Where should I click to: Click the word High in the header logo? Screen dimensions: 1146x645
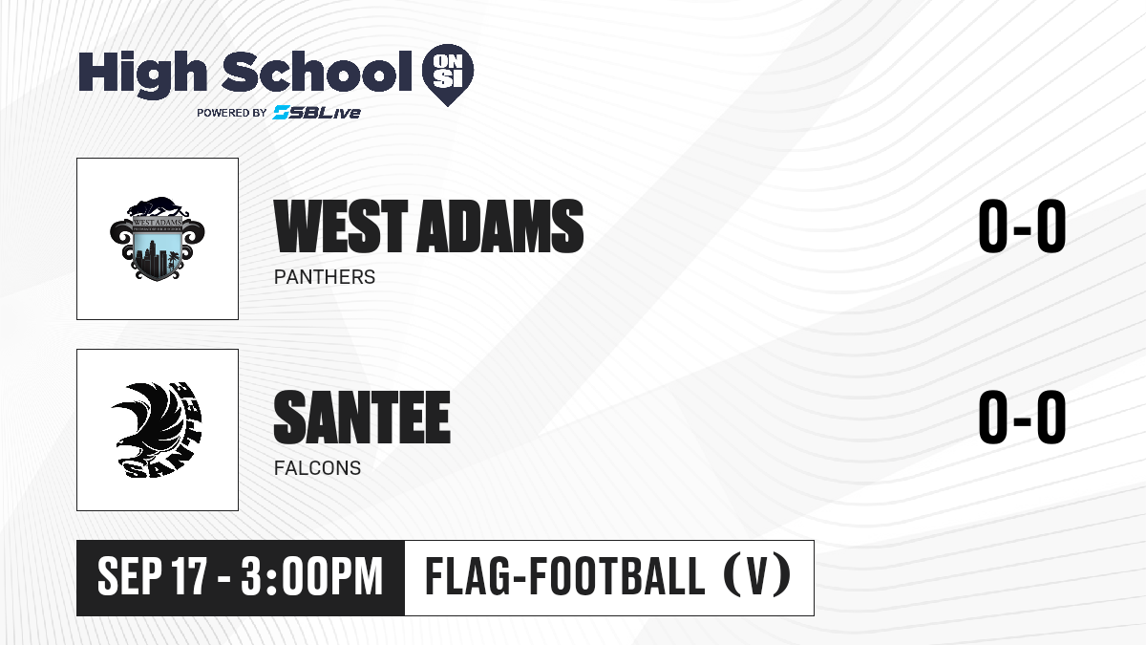[x=142, y=75]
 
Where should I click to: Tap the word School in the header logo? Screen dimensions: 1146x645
[x=317, y=72]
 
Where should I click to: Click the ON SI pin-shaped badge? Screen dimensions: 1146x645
[x=448, y=75]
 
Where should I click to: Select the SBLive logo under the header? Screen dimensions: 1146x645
[x=317, y=112]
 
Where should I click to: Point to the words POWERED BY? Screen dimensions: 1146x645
[x=232, y=113]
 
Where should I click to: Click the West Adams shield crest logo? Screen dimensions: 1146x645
[x=158, y=238]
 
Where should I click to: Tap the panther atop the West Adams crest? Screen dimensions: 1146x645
[x=157, y=206]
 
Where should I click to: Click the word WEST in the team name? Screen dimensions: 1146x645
[x=341, y=226]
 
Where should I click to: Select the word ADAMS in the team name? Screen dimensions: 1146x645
[x=500, y=226]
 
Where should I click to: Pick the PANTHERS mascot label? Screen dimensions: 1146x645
[x=325, y=277]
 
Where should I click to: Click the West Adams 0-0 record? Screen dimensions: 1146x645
[x=1022, y=226]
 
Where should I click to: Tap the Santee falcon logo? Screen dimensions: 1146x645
[x=157, y=430]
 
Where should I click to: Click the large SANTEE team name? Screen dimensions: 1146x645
[x=362, y=417]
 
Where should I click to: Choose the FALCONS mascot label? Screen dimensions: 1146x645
[x=317, y=468]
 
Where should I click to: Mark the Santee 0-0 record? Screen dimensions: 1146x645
[x=1022, y=417]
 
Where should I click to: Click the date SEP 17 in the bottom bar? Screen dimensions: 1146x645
[x=153, y=576]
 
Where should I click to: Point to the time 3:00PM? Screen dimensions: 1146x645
[x=312, y=576]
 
